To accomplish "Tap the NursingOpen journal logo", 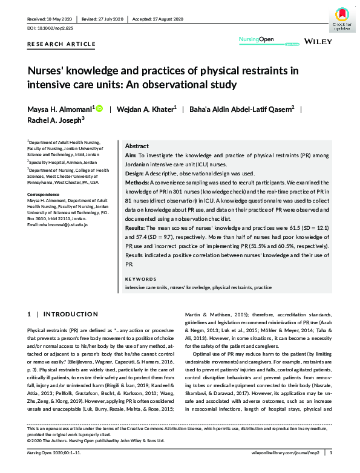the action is point(254,41).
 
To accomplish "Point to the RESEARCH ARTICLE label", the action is point(62,44).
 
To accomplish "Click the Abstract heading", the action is point(137,146).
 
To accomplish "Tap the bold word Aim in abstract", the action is point(131,155).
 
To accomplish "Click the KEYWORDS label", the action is point(140,279).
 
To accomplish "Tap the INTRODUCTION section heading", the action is point(64,315).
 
